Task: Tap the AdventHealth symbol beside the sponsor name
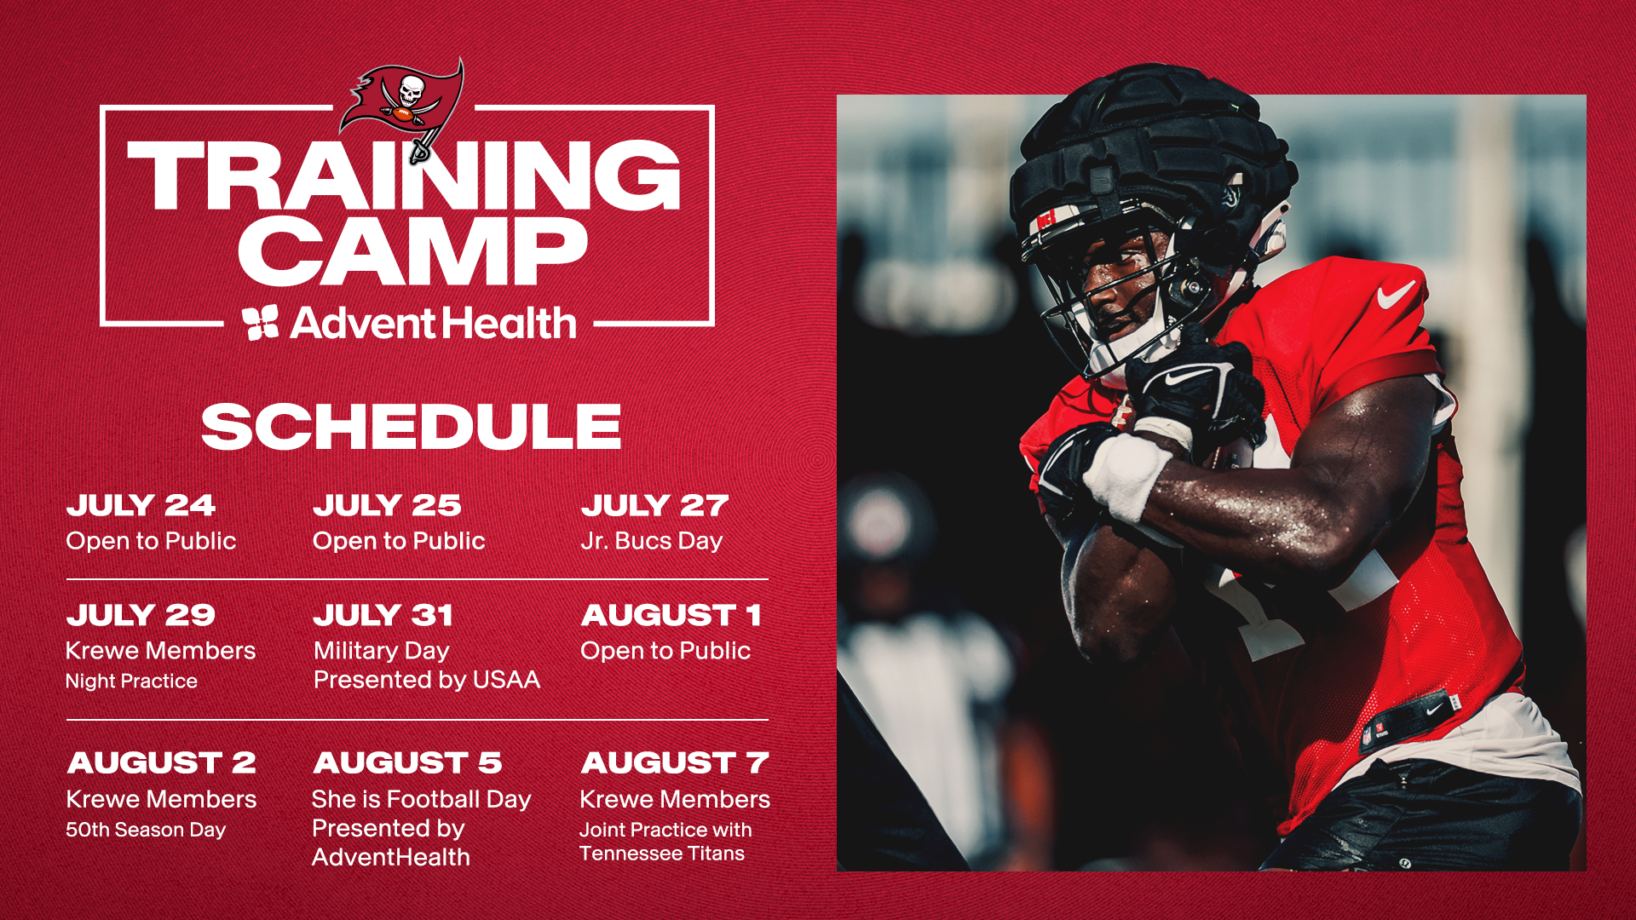click(x=260, y=323)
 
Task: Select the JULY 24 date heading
click(x=141, y=505)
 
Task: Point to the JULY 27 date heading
click(x=654, y=505)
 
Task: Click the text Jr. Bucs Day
click(x=651, y=541)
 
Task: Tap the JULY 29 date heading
click(x=141, y=615)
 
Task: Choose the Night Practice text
click(x=131, y=681)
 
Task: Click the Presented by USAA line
click(x=426, y=680)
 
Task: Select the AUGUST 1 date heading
click(x=671, y=615)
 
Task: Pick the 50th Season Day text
click(x=146, y=830)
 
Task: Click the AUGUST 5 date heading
click(x=407, y=762)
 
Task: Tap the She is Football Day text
click(x=421, y=799)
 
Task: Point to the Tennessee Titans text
click(x=661, y=854)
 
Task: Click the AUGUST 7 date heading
click(x=674, y=762)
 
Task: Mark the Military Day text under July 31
click(x=381, y=651)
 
